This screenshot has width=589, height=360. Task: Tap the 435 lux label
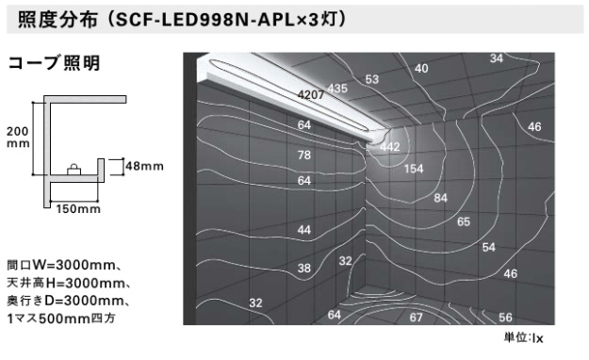(x=337, y=89)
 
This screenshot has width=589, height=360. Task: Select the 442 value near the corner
(x=389, y=147)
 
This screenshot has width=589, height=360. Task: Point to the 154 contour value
(x=414, y=169)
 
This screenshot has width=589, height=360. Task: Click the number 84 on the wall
(x=440, y=198)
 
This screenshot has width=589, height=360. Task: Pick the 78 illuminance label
(x=304, y=155)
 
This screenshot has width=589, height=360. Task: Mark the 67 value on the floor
(x=416, y=318)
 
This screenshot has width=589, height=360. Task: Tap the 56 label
(x=505, y=318)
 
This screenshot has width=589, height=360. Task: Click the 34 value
(x=497, y=59)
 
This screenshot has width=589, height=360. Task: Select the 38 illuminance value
(x=304, y=269)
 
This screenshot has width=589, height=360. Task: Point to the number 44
(x=304, y=230)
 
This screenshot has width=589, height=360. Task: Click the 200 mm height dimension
(x=18, y=138)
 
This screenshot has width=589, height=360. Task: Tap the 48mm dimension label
(x=145, y=166)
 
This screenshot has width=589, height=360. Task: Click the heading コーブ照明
(x=54, y=65)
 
